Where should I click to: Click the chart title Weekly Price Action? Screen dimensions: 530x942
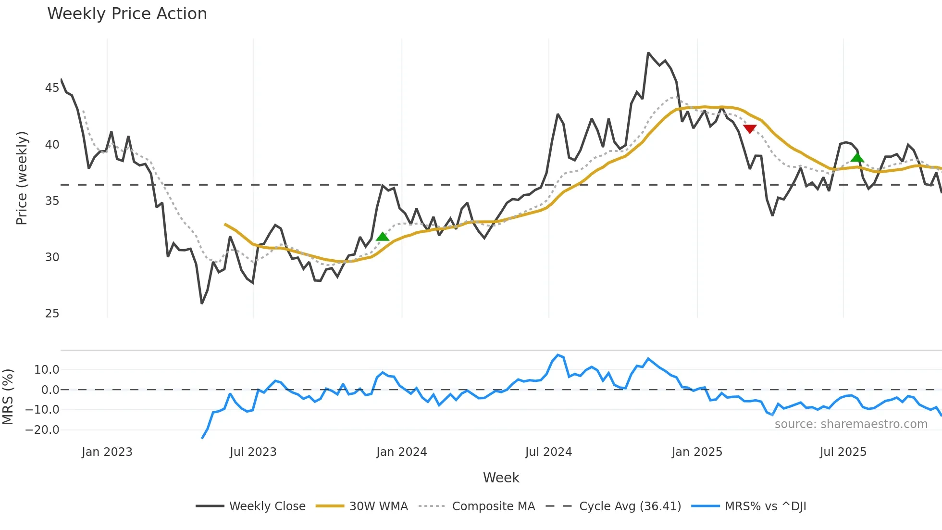point(127,14)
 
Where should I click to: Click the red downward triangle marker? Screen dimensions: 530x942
point(750,128)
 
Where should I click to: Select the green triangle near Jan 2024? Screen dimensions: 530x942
point(383,236)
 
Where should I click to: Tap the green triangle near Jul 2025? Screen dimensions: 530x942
point(857,157)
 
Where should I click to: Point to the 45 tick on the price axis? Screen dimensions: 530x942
point(52,88)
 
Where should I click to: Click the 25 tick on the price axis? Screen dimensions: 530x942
point(52,314)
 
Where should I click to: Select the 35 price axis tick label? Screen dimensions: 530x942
point(52,201)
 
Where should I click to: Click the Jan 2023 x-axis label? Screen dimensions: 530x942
point(107,452)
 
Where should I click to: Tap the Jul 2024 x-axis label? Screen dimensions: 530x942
point(548,452)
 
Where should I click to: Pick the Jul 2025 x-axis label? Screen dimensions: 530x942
point(843,452)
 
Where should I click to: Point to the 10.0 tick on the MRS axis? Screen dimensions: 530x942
point(47,370)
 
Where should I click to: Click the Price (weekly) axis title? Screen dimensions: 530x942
point(22,178)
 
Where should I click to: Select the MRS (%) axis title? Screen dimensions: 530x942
point(8,397)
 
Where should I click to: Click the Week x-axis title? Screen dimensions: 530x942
point(501,478)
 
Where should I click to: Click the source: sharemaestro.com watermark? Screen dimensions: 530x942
point(851,424)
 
